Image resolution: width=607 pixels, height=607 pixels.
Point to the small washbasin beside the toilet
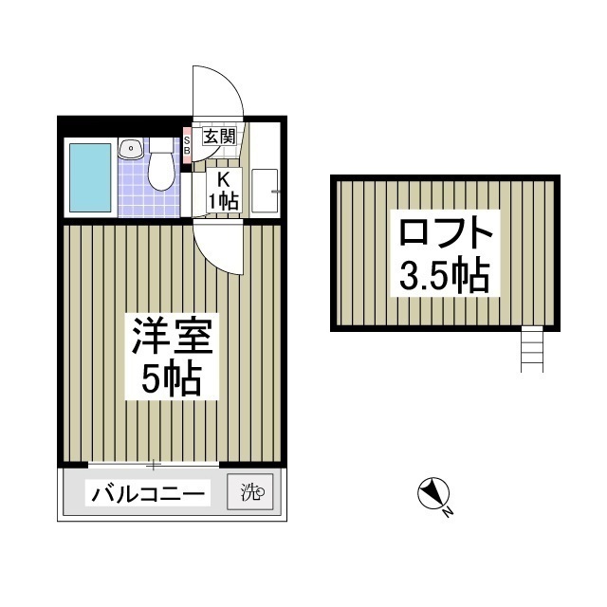(x=130, y=148)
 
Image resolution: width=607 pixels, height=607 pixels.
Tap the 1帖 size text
(x=224, y=200)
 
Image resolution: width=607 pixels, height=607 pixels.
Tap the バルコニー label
(x=149, y=494)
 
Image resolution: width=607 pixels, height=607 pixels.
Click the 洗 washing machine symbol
(x=249, y=493)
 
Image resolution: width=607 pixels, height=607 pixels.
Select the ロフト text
(x=445, y=234)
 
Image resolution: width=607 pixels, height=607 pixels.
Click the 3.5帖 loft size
(x=444, y=275)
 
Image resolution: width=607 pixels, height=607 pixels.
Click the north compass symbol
(x=432, y=494)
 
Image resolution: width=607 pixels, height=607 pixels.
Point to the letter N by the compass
(x=449, y=513)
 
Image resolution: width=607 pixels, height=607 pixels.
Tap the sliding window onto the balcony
(x=153, y=465)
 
